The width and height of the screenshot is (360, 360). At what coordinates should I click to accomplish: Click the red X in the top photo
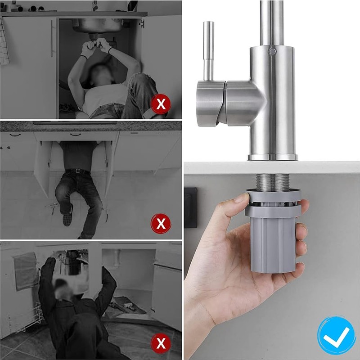[160, 105]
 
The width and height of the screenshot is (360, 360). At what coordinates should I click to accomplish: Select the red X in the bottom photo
[160, 343]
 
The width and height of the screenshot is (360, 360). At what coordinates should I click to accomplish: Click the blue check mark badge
[336, 335]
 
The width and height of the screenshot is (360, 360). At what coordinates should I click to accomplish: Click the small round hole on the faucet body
[272, 52]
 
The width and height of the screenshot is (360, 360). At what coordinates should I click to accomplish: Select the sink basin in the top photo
[97, 25]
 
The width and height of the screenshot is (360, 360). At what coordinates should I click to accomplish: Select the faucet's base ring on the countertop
[273, 157]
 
